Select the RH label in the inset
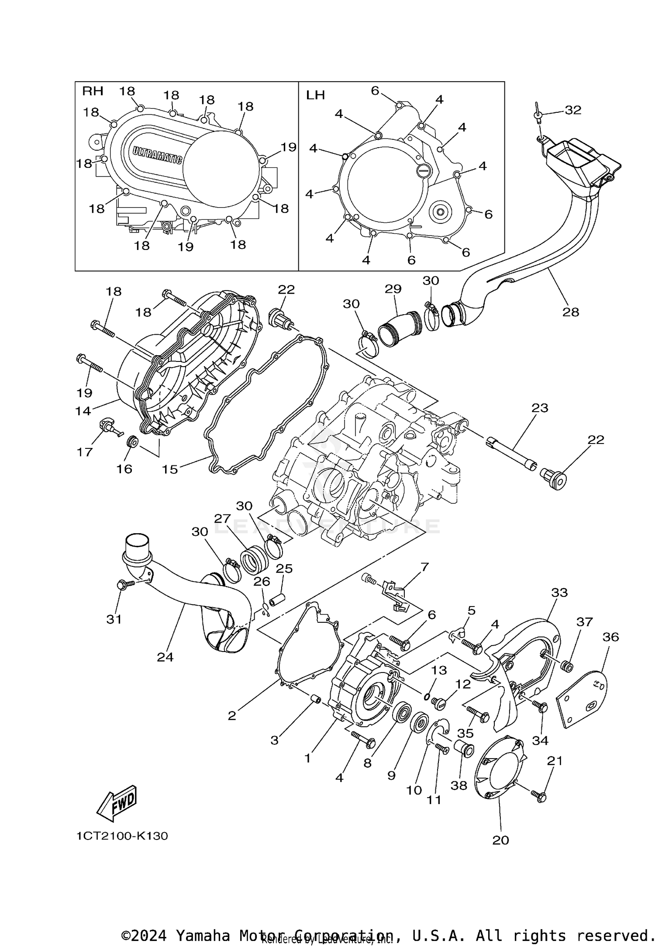coord(93,91)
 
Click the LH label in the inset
coord(315,95)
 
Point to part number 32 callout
coord(573,110)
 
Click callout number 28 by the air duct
coord(571,312)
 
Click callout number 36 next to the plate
coord(610,637)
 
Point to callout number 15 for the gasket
coord(170,469)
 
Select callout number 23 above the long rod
coord(540,408)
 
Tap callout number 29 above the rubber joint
coord(393,289)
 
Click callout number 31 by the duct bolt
coord(114,619)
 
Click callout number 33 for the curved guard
coord(559,593)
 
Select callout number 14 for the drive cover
coord(83,411)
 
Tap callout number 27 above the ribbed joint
coord(222,518)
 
